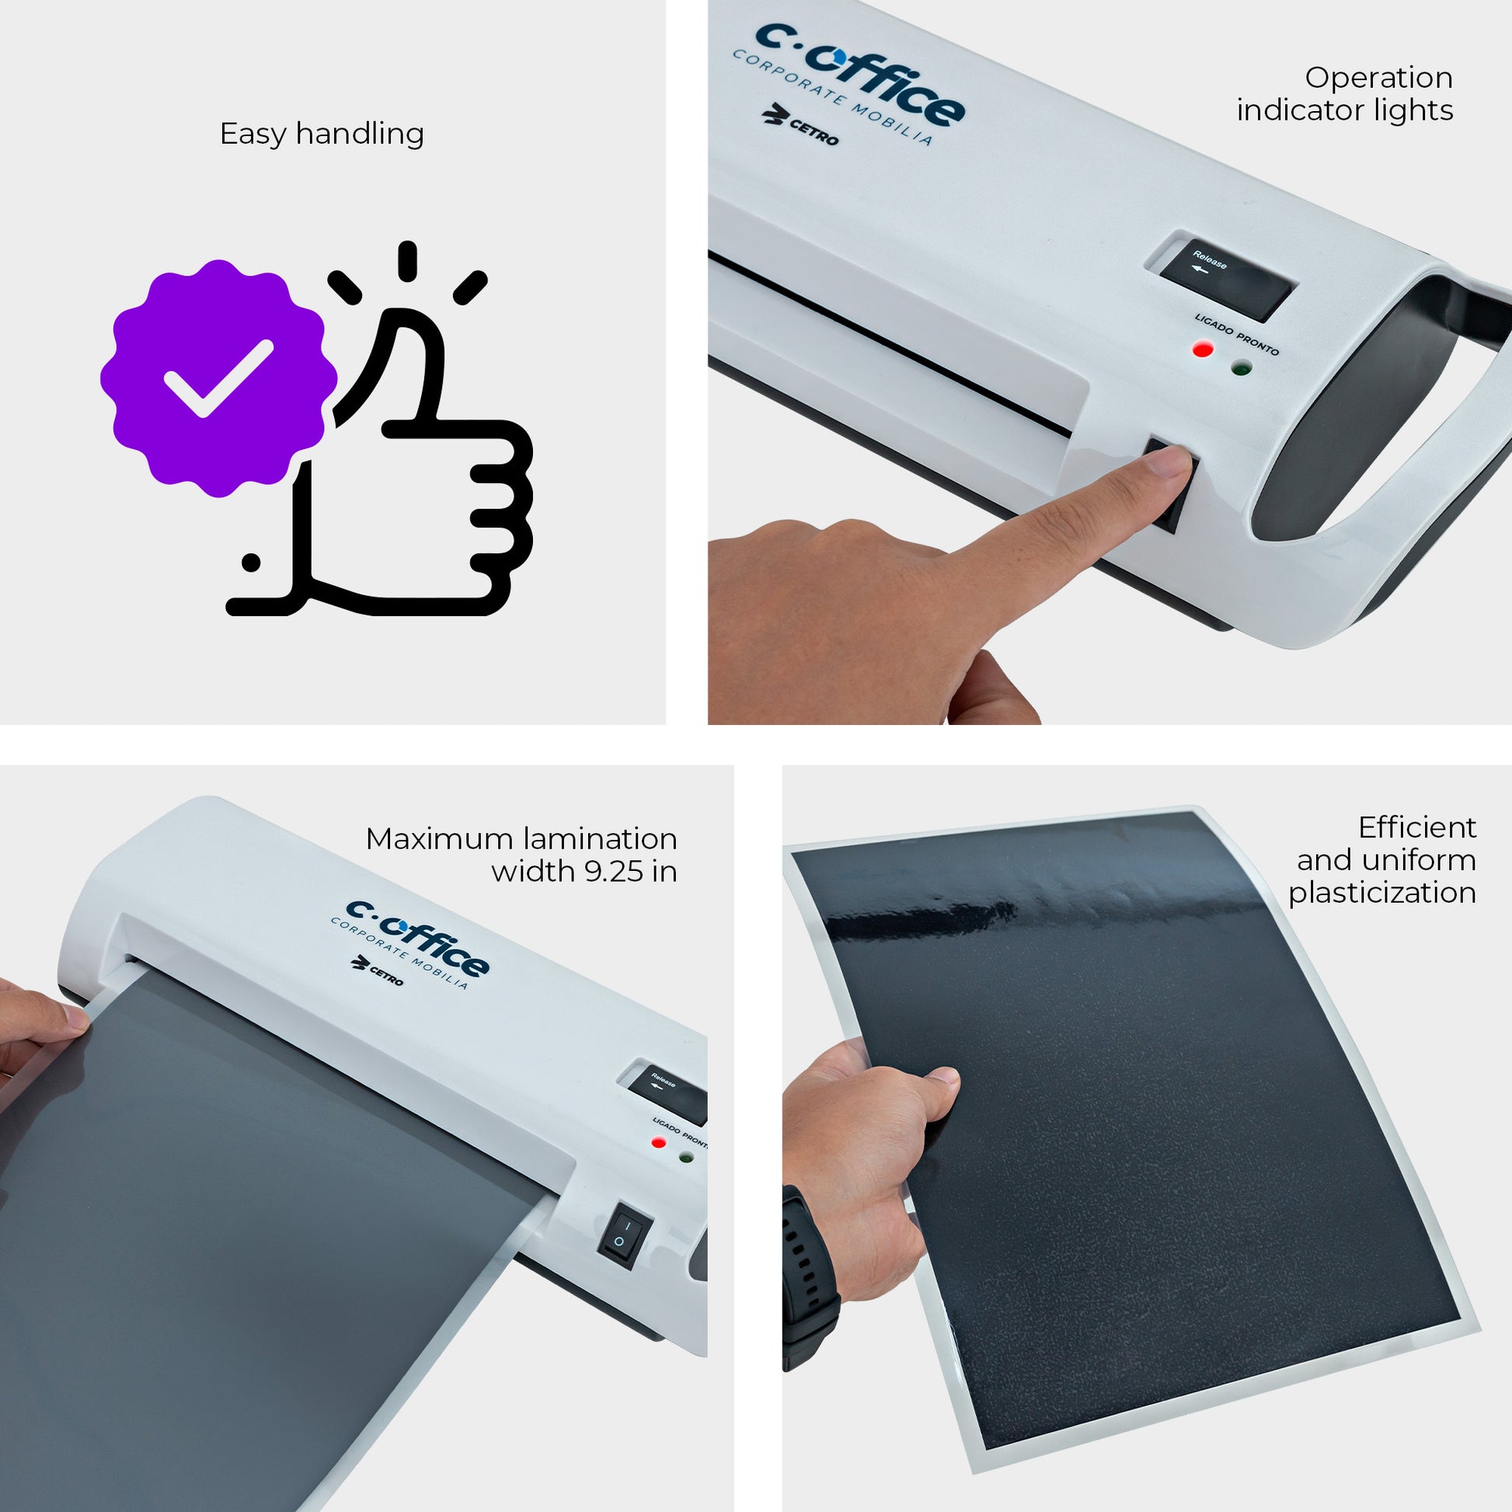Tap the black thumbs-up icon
pyautogui.click(x=384, y=462)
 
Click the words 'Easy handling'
pyautogui.click(x=322, y=134)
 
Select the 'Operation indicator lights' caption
pyautogui.click(x=1344, y=94)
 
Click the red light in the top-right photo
pyautogui.click(x=1202, y=349)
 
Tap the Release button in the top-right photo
pyautogui.click(x=1225, y=277)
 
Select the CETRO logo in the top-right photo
pyautogui.click(x=800, y=127)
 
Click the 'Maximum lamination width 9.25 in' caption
pyautogui.click(x=521, y=855)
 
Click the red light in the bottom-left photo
pyautogui.click(x=659, y=1143)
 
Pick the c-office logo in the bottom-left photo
pyautogui.click(x=410, y=945)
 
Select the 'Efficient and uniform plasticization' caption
pyautogui.click(x=1382, y=860)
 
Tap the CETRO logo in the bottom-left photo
pyautogui.click(x=378, y=970)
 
